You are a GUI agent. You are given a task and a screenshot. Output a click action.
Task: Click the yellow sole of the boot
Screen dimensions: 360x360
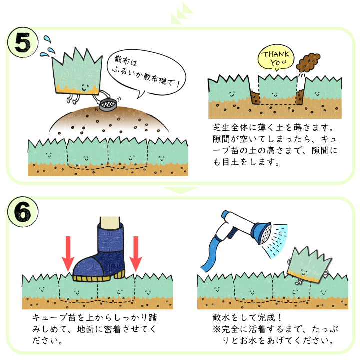[x=100, y=276]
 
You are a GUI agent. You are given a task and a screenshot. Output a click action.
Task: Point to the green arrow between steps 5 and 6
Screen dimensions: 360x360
[x=180, y=191]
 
